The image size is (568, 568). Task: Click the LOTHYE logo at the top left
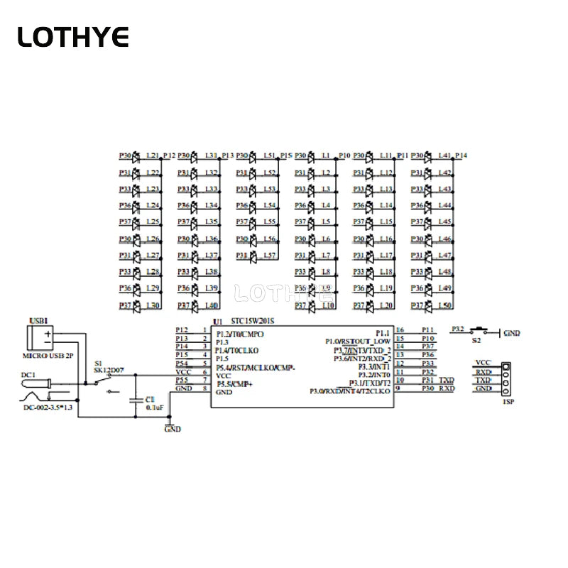[73, 36]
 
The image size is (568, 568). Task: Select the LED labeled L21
[137, 155]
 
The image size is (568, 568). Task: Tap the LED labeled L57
[253, 255]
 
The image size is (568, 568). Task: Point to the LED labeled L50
[428, 305]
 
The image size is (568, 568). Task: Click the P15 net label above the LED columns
[286, 155]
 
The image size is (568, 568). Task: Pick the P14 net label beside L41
[461, 155]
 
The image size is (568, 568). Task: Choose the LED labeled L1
[312, 155]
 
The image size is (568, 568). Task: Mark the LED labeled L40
[195, 305]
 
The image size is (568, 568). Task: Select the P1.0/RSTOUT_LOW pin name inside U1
[358, 342]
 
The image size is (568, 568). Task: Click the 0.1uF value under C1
[155, 408]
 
